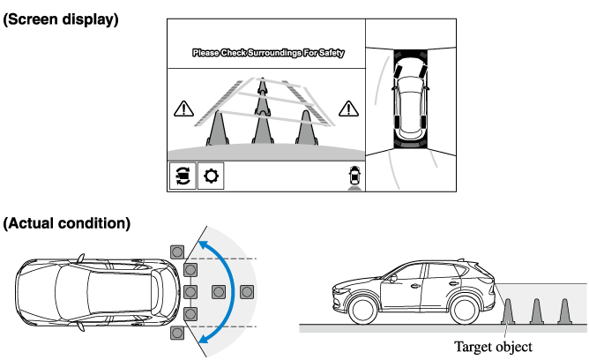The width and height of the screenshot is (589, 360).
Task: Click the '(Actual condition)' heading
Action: (67, 223)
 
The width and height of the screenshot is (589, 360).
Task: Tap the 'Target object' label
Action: (493, 347)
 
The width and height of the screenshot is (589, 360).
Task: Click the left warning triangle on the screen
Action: (183, 109)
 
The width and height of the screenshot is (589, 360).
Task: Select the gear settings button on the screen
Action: (212, 176)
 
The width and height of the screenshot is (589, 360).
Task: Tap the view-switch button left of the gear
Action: (183, 176)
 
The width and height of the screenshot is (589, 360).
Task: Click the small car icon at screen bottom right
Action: (354, 175)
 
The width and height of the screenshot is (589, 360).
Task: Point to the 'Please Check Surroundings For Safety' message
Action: (268, 53)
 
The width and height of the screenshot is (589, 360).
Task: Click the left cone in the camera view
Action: (218, 128)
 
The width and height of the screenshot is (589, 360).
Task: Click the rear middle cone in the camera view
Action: (261, 97)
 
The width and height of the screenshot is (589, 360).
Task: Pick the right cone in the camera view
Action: (306, 128)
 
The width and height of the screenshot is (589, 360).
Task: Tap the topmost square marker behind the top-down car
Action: (177, 250)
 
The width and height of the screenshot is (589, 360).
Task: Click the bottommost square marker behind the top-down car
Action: (177, 333)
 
